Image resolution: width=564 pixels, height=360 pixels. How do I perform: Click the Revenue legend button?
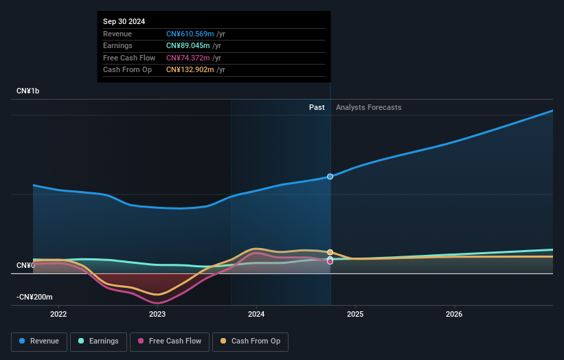click(x=39, y=341)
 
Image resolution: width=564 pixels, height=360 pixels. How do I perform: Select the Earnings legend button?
click(x=98, y=341)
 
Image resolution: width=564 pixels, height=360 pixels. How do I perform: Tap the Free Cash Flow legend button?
click(x=170, y=341)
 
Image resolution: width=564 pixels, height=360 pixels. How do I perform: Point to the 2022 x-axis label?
click(x=58, y=315)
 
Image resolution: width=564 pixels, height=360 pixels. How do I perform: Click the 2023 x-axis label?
click(x=157, y=315)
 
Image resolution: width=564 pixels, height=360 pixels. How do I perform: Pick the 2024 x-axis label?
click(x=256, y=315)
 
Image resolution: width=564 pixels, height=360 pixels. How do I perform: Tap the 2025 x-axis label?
click(x=355, y=315)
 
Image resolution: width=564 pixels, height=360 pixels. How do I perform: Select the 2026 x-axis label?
click(x=454, y=315)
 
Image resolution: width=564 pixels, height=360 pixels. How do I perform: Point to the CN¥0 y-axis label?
click(x=25, y=265)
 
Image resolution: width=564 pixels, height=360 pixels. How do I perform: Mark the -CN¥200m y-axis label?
click(x=34, y=297)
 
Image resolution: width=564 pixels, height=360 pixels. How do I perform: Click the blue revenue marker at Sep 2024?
click(x=330, y=177)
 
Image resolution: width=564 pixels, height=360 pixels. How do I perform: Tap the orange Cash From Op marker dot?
click(x=330, y=252)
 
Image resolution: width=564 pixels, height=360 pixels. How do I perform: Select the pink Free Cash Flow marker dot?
click(x=330, y=261)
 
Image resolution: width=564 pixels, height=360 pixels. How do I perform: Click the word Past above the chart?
click(x=317, y=107)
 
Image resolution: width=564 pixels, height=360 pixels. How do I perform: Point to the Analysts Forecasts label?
click(x=368, y=107)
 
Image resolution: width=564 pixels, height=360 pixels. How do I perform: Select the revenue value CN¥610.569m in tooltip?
click(x=190, y=34)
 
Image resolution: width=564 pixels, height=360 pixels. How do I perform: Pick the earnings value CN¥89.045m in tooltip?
click(x=188, y=46)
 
